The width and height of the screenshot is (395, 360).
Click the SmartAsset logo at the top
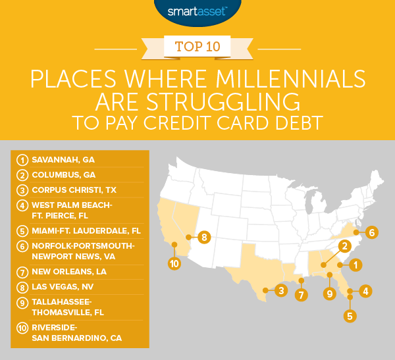point(197,11)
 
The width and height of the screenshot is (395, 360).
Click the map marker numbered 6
point(372,232)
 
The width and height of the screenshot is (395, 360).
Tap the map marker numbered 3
point(281,290)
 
